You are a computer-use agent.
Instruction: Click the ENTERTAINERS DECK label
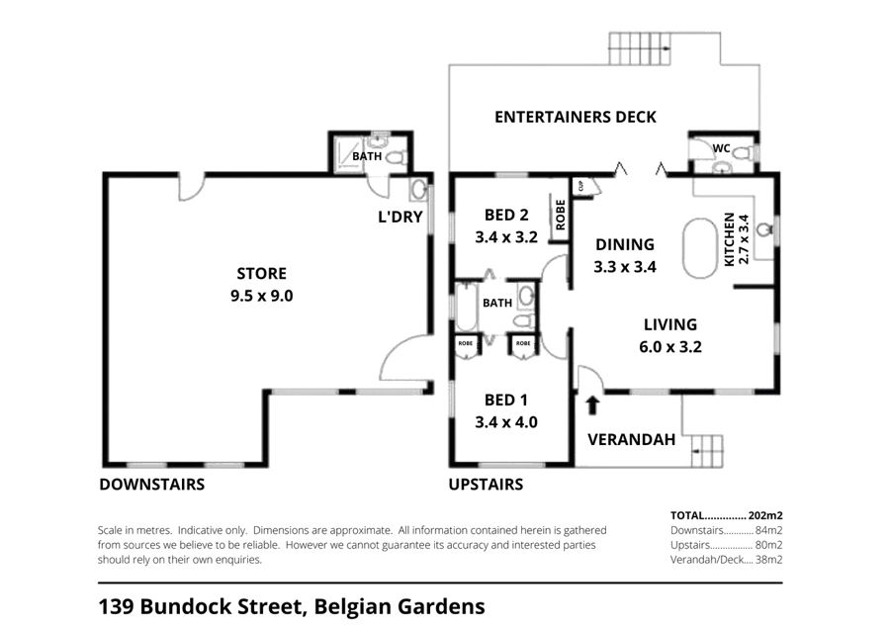tap(575, 117)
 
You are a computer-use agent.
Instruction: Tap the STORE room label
tap(261, 274)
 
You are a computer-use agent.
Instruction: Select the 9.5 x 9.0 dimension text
tap(261, 296)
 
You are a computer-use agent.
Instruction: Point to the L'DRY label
tap(400, 217)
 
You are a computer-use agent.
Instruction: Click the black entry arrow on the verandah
tap(592, 404)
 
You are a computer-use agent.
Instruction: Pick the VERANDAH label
tap(631, 439)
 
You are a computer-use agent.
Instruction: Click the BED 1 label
tap(505, 401)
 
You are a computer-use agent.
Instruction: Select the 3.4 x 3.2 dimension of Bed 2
tap(505, 237)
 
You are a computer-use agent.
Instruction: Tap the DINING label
tap(625, 244)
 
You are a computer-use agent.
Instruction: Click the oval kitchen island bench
tap(700, 248)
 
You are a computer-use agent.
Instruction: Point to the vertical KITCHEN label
tap(730, 239)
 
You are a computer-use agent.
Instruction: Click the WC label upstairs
tap(721, 148)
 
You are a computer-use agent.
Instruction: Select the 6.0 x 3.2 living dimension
tap(670, 347)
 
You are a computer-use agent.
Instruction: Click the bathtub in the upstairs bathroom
tap(466, 308)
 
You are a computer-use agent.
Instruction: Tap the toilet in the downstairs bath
tap(398, 157)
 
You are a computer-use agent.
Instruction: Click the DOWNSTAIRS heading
tap(151, 485)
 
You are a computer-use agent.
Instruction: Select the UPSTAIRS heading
tap(486, 485)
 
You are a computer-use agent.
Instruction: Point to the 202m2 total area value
tap(765, 515)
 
